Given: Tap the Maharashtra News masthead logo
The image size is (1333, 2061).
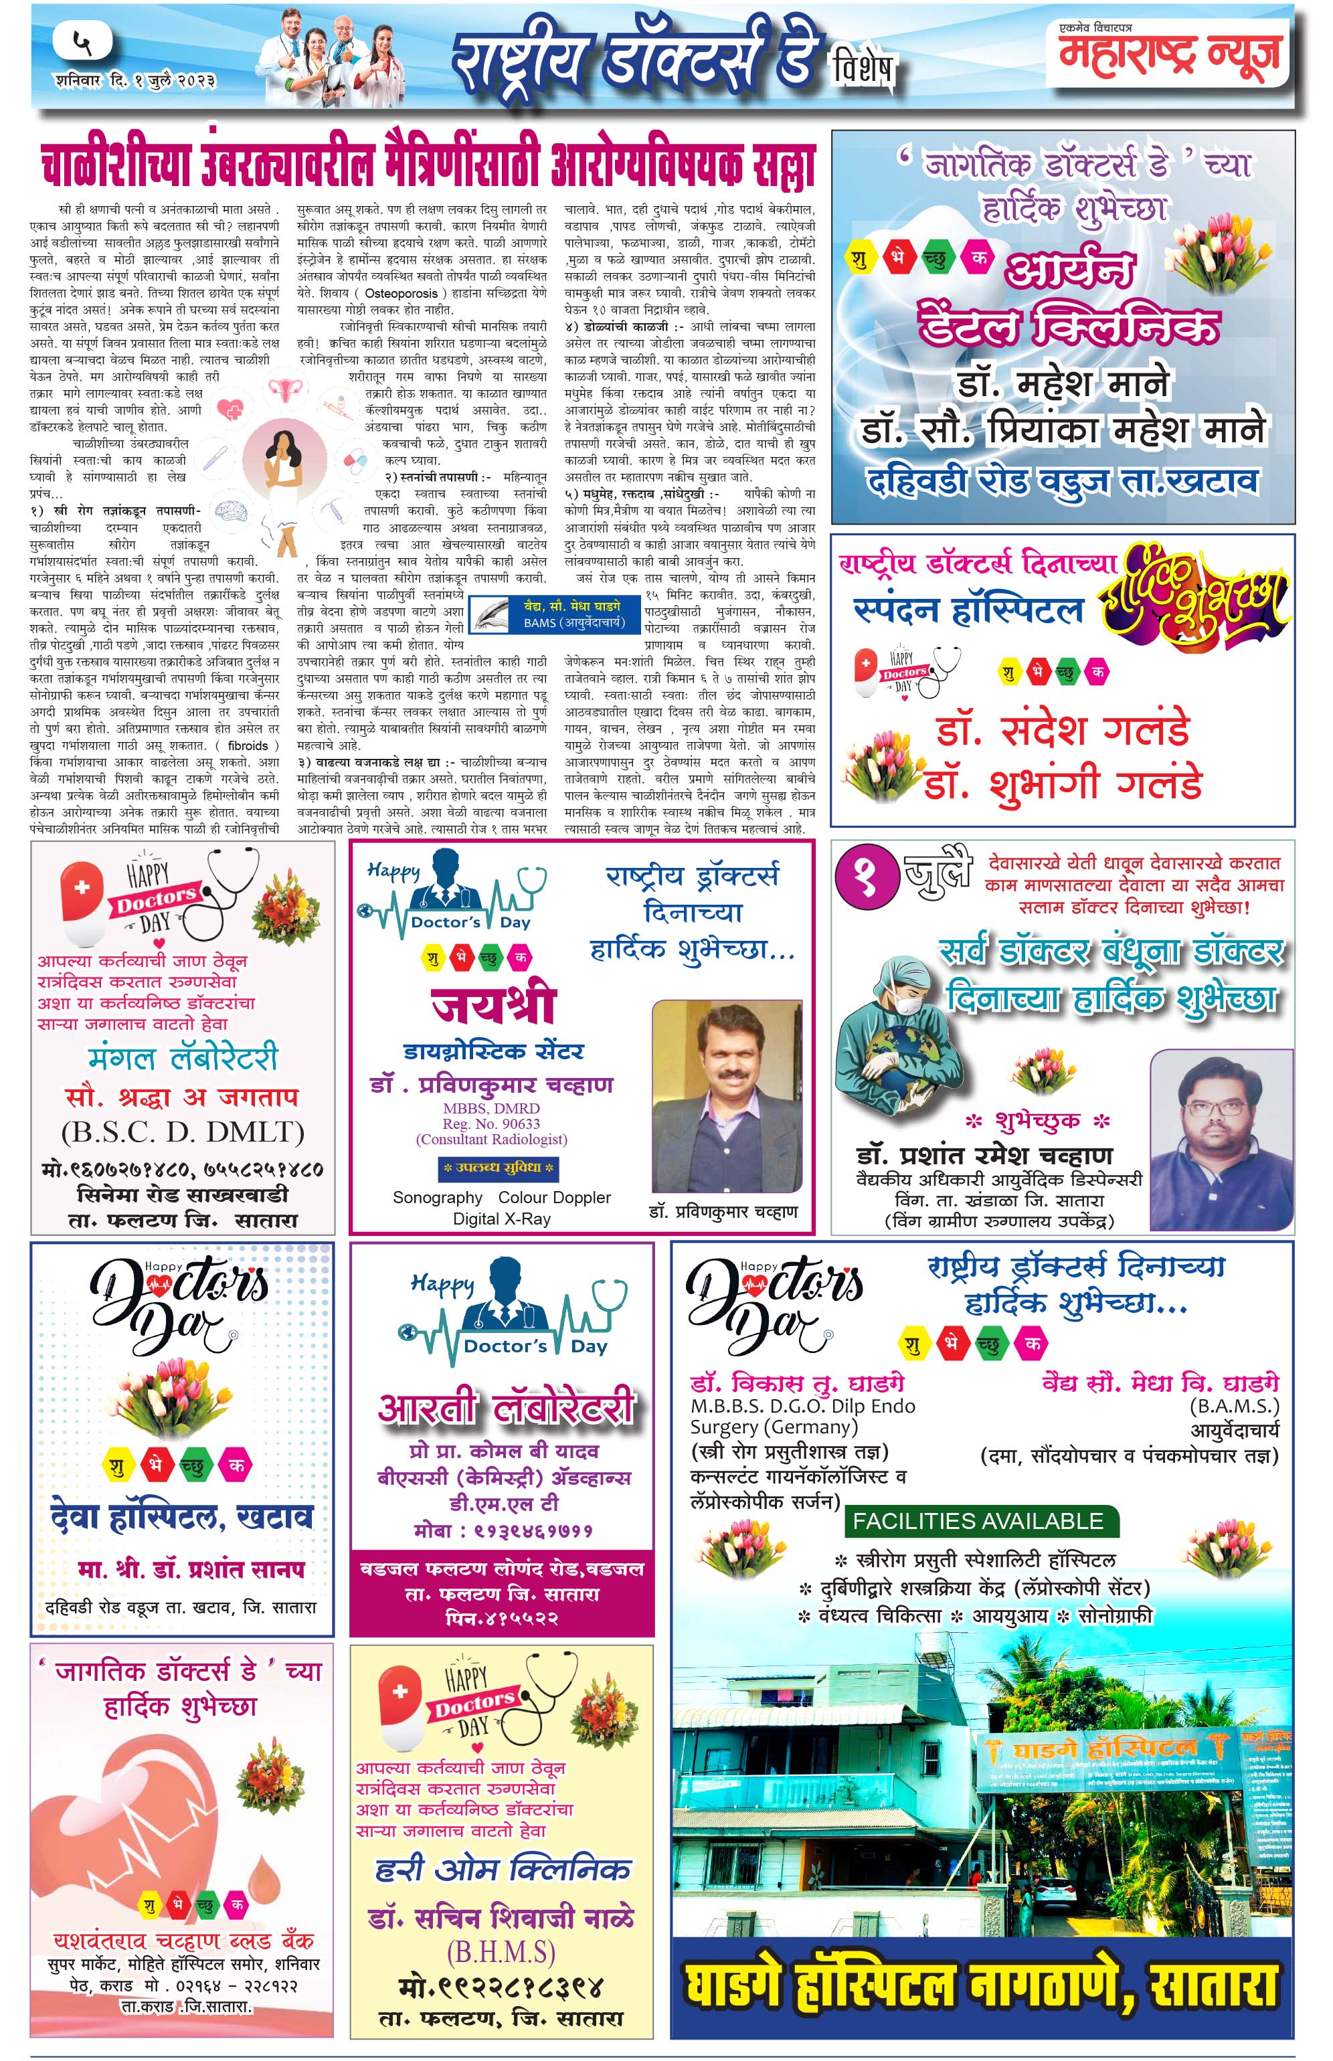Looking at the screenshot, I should click(1168, 54).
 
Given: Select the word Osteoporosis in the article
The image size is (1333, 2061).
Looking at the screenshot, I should click(402, 294).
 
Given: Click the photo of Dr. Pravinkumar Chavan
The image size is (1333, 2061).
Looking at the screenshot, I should click(725, 1097).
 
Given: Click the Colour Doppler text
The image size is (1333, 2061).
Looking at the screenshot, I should click(554, 1198).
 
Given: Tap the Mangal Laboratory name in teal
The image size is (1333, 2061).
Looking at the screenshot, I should click(183, 1058).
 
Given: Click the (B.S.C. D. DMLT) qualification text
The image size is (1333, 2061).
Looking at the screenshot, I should click(183, 1132).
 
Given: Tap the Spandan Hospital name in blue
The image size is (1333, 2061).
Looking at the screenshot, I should click(968, 610).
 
